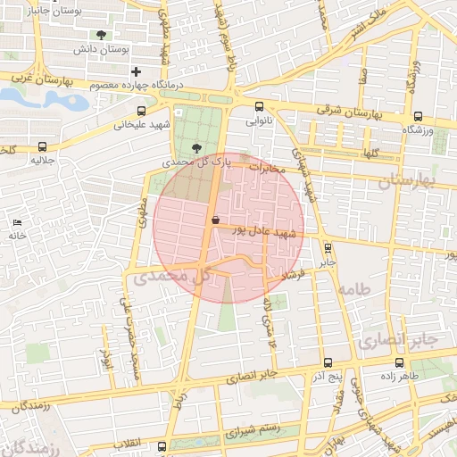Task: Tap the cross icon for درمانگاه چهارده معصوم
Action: pos(136,71)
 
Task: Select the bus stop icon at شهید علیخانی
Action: pos(141,112)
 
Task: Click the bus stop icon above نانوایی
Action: pos(259,107)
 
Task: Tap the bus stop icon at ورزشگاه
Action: pos(419,115)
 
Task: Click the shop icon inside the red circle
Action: pos(215,220)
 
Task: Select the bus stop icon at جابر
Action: pos(328,248)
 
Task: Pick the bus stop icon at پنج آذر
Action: pos(328,362)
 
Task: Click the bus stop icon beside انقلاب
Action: pos(162,445)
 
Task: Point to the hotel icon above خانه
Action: pos(16,221)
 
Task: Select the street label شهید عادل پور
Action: pos(263,231)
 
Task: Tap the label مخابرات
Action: pos(266,167)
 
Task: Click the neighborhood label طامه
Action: pos(353,289)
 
